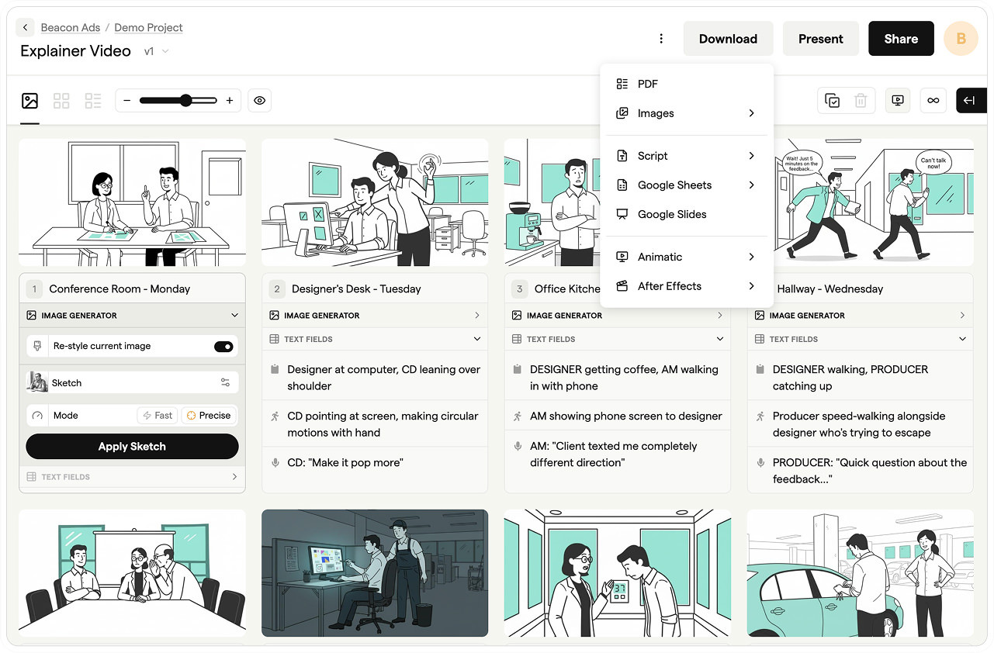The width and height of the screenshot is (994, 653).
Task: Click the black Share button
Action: (x=900, y=39)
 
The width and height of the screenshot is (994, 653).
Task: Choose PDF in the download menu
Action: (x=647, y=84)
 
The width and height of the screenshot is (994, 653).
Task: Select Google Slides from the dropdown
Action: (x=671, y=214)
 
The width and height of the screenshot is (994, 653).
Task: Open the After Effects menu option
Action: (x=669, y=286)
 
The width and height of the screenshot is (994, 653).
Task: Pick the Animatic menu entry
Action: (x=660, y=257)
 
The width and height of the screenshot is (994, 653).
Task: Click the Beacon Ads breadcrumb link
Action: (x=70, y=27)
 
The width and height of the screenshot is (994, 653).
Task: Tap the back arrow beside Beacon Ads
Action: (x=25, y=27)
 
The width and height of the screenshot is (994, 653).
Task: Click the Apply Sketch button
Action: (x=132, y=447)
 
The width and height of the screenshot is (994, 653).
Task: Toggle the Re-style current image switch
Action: (x=223, y=347)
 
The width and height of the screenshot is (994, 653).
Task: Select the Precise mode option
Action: (x=209, y=416)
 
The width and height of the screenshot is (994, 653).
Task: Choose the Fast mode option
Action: (x=157, y=416)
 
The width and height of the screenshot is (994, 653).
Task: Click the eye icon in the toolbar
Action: (x=260, y=101)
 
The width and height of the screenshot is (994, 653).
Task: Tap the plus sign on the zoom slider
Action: (x=230, y=101)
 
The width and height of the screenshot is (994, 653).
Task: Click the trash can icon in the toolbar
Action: (x=860, y=101)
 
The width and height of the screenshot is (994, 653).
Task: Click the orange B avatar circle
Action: (x=961, y=39)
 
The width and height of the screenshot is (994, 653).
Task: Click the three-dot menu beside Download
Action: (x=661, y=39)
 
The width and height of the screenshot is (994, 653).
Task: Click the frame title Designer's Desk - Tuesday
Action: (x=356, y=288)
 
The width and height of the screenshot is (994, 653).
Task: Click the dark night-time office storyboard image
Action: (x=375, y=572)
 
